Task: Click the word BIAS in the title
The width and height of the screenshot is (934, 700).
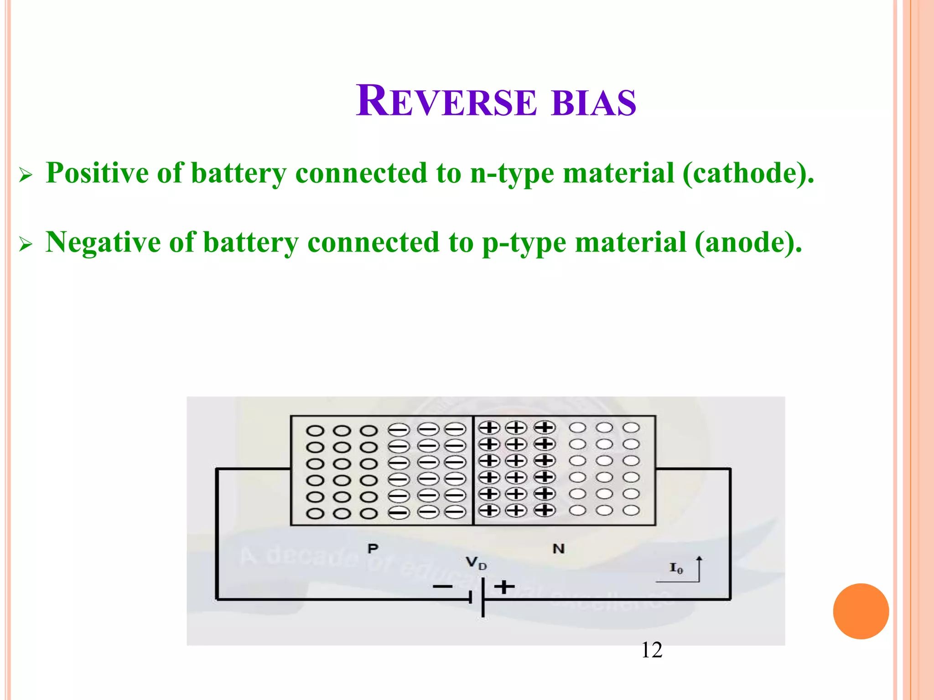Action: [593, 103]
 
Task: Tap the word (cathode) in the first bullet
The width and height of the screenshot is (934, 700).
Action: [748, 173]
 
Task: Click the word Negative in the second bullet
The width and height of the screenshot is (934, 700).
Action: [103, 242]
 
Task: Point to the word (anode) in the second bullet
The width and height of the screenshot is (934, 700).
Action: [748, 242]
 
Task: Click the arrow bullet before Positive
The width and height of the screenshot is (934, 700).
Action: [26, 175]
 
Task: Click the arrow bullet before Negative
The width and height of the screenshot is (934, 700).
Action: [26, 245]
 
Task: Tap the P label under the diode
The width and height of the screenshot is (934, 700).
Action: [373, 549]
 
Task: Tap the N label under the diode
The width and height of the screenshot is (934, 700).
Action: [558, 549]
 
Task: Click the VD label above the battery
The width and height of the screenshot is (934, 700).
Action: [476, 563]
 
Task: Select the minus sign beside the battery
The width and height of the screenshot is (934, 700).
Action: [442, 587]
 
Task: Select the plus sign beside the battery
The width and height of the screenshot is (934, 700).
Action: [504, 587]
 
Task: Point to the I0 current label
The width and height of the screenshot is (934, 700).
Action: [676, 568]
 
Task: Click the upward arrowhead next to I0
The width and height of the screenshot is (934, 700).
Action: [699, 559]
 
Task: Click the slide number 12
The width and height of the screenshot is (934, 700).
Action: [652, 650]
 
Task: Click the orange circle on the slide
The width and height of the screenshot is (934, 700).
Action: [861, 611]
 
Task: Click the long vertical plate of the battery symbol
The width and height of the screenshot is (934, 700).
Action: [483, 597]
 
